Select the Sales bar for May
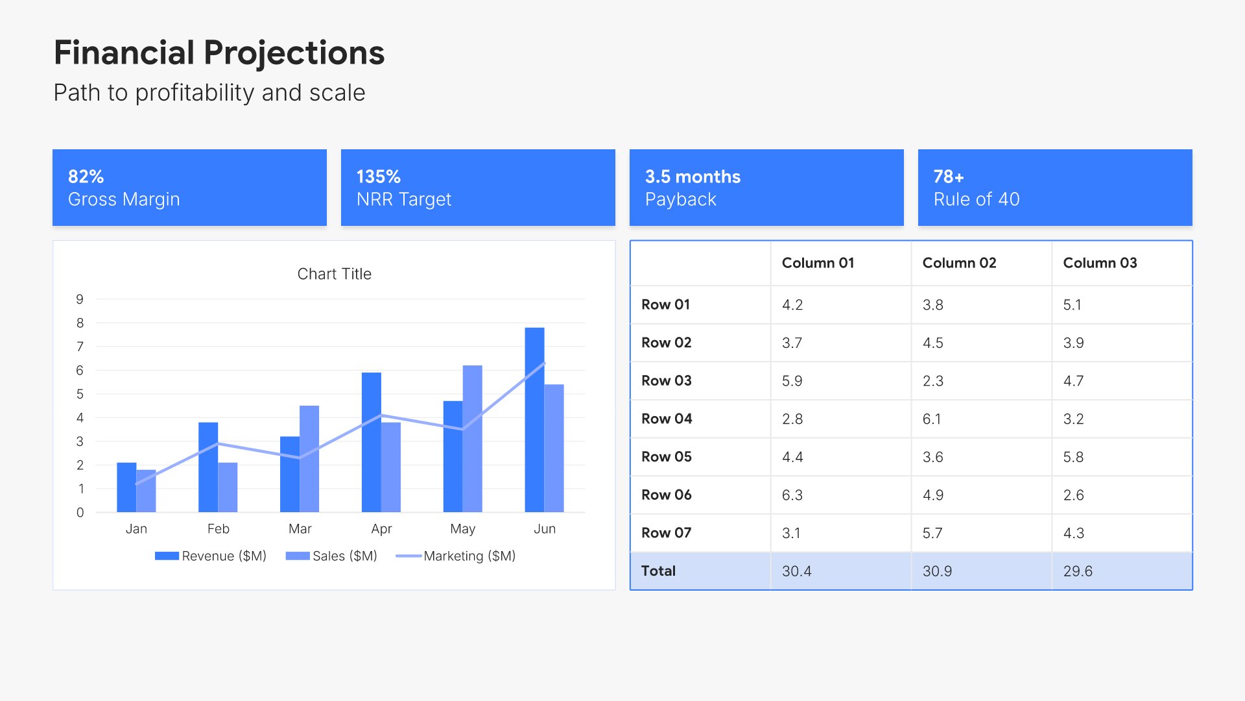pyautogui.click(x=473, y=439)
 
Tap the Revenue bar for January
pyautogui.click(x=126, y=487)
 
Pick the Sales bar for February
pyautogui.click(x=228, y=487)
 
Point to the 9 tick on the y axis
pyautogui.click(x=80, y=299)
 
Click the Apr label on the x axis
pyautogui.click(x=381, y=529)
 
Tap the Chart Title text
pyautogui.click(x=334, y=274)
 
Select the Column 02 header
pyautogui.click(x=959, y=263)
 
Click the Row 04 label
pyautogui.click(x=667, y=419)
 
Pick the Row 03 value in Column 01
pyautogui.click(x=792, y=381)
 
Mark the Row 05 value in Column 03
pyautogui.click(x=1073, y=457)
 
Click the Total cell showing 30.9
pyautogui.click(x=937, y=571)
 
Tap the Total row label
pyautogui.click(x=658, y=571)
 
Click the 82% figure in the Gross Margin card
pyautogui.click(x=86, y=177)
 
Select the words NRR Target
pyautogui.click(x=403, y=199)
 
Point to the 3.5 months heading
pyautogui.click(x=693, y=177)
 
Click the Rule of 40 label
pyautogui.click(x=976, y=199)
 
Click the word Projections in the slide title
pyautogui.click(x=294, y=53)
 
